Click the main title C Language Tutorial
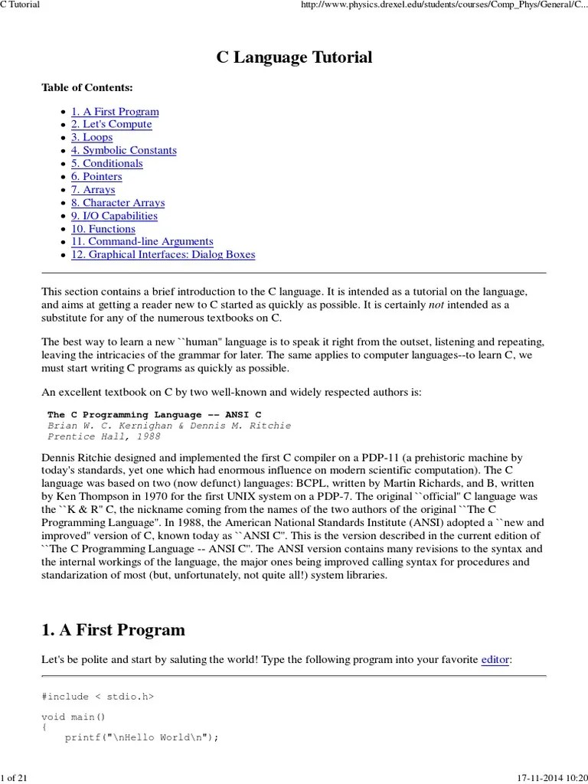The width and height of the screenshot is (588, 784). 294,57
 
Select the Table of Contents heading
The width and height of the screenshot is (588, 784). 87,88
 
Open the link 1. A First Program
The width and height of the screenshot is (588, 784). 115,112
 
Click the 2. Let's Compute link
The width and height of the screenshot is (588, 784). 111,125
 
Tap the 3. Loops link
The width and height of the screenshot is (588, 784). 92,138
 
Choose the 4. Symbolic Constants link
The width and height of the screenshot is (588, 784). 123,151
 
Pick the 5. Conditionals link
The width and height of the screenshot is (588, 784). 106,164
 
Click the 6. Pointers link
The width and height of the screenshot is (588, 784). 96,177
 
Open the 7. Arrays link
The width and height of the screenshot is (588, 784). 93,190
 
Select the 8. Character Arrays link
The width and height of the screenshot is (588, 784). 118,203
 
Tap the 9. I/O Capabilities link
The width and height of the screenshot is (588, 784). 114,216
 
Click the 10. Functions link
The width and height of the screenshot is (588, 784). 103,229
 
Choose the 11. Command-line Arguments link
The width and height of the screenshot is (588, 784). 142,242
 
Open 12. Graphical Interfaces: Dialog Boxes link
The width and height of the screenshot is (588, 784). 163,255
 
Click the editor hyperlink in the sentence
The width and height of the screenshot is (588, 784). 495,659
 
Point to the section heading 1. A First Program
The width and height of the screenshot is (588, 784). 113,630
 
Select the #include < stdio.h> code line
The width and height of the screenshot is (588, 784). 97,697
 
